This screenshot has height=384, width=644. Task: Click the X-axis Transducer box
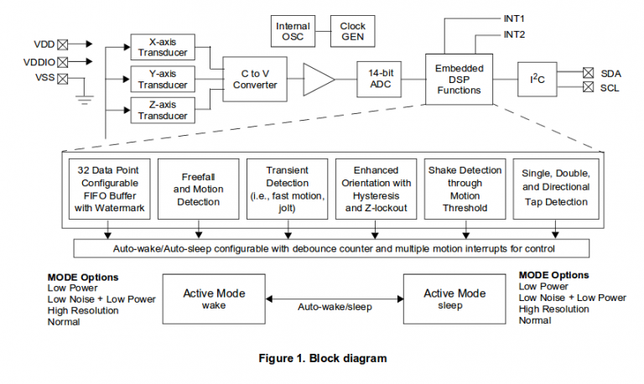[163, 47]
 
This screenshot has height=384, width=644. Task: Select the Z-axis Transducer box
[163, 110]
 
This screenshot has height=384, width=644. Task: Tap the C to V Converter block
[255, 80]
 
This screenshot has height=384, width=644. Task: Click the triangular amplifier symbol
[319, 80]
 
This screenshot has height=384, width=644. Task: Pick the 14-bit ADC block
[379, 80]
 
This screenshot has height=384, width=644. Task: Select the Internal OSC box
[293, 31]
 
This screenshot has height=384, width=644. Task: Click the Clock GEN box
[352, 31]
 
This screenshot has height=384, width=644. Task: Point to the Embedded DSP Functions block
[460, 80]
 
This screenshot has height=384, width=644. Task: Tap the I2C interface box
[538, 80]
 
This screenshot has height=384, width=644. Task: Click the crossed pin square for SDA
[588, 73]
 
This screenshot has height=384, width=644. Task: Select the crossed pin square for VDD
[62, 44]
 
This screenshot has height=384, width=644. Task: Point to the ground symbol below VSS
[85, 101]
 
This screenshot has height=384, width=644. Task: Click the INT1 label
[514, 19]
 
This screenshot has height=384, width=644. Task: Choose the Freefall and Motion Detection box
[199, 189]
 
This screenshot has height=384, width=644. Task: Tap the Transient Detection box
[287, 189]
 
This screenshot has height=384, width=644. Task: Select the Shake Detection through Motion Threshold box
[465, 189]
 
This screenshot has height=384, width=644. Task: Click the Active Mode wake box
[214, 299]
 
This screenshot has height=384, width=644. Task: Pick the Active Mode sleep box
[454, 299]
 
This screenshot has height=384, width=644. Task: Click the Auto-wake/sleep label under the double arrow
[335, 307]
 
